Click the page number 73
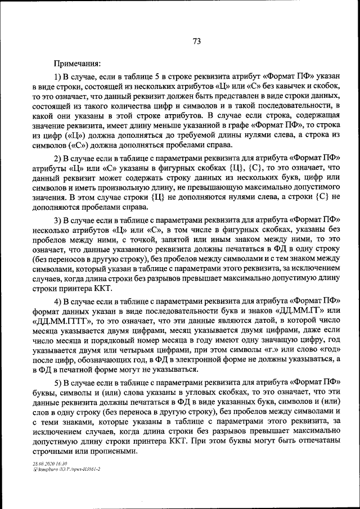(x=197, y=41)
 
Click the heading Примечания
(x=77, y=64)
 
